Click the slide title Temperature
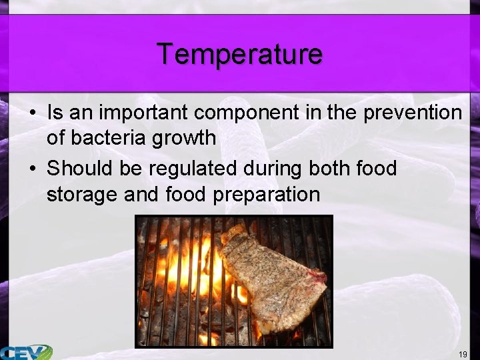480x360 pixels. pyautogui.click(x=239, y=53)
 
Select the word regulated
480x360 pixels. pyautogui.click(x=193, y=169)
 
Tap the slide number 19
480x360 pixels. pyautogui.click(x=463, y=353)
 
